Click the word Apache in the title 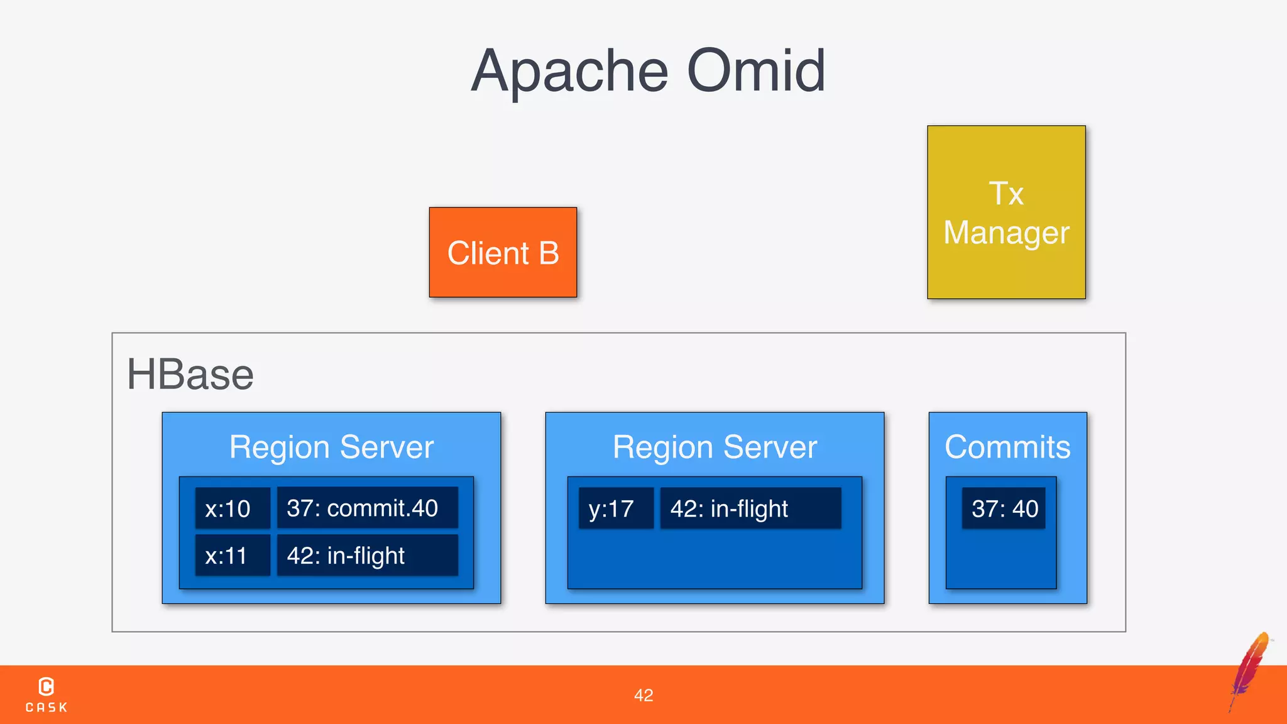(569, 72)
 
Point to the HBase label (190, 375)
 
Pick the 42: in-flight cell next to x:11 (367, 556)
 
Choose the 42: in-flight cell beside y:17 (750, 508)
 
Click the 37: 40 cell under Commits (1004, 508)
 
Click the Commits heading (1007, 447)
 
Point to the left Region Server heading (331, 447)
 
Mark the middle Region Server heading (715, 447)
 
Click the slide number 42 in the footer (643, 695)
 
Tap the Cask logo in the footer (47, 694)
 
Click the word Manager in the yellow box (1006, 233)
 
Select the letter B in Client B (549, 253)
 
